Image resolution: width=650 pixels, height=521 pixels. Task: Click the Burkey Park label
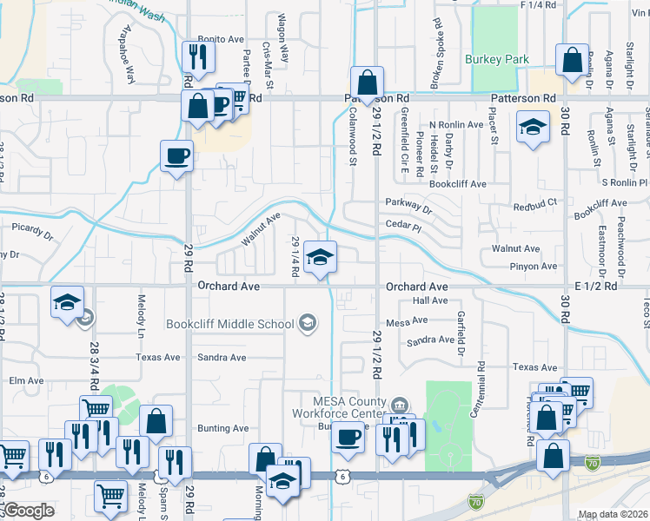coord(496,59)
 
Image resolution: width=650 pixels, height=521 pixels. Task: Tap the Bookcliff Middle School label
coord(230,325)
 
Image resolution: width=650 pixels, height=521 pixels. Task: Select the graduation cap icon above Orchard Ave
coord(320,257)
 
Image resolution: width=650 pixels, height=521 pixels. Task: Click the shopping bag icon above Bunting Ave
coord(156,421)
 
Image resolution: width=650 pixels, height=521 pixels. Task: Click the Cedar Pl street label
coord(403,226)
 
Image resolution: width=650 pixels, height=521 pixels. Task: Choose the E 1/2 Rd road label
coord(595,286)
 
